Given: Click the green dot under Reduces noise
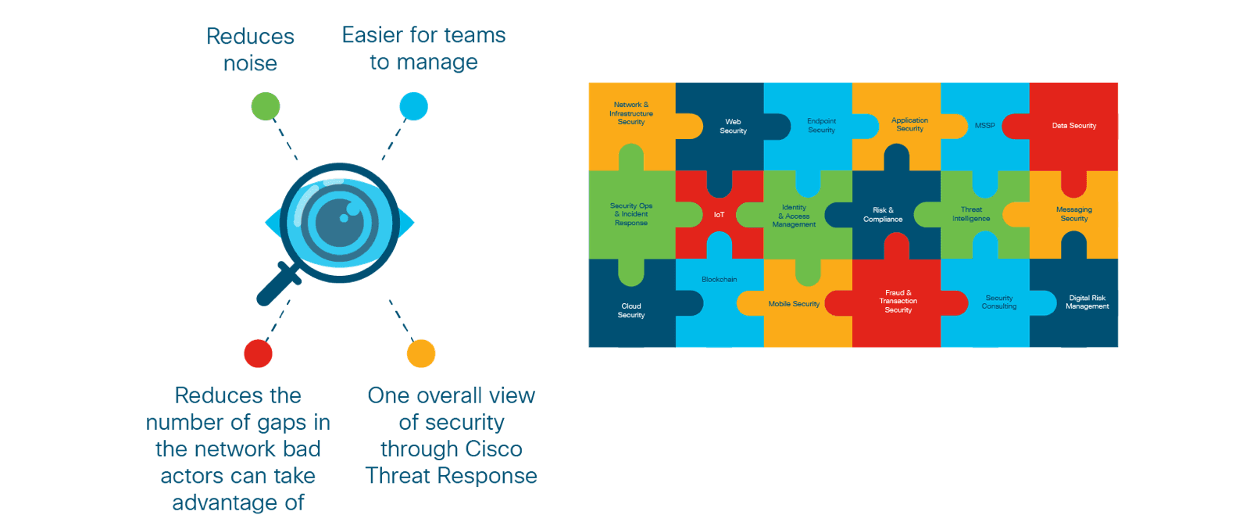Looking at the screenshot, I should [x=266, y=106].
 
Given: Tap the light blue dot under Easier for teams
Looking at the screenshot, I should [x=413, y=106].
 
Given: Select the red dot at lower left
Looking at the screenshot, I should [x=258, y=353].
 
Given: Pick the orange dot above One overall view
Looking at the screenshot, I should [x=421, y=353].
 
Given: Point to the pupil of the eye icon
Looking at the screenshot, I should [x=340, y=223].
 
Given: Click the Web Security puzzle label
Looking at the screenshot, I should [x=733, y=127].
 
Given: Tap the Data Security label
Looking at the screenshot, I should [x=1073, y=126].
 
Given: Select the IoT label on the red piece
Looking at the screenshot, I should [x=719, y=215].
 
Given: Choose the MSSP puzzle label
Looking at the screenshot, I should [x=984, y=126].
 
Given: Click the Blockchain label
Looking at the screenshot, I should [x=719, y=279].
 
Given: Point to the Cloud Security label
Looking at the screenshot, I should [x=631, y=310].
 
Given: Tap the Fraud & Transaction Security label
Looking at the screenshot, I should [x=898, y=302].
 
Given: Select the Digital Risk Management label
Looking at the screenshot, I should [x=1087, y=302].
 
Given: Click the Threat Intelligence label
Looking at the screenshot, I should [x=971, y=214].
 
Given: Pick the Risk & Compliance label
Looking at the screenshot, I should [x=883, y=215].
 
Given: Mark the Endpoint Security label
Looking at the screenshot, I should [x=821, y=126].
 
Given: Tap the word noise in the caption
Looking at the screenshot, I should [x=250, y=63].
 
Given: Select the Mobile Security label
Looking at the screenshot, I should [x=794, y=304].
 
